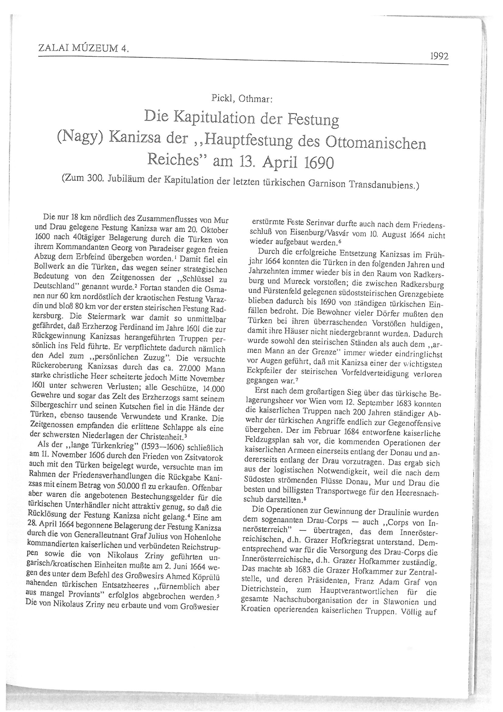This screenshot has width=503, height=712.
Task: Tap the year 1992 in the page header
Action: click(439, 56)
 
